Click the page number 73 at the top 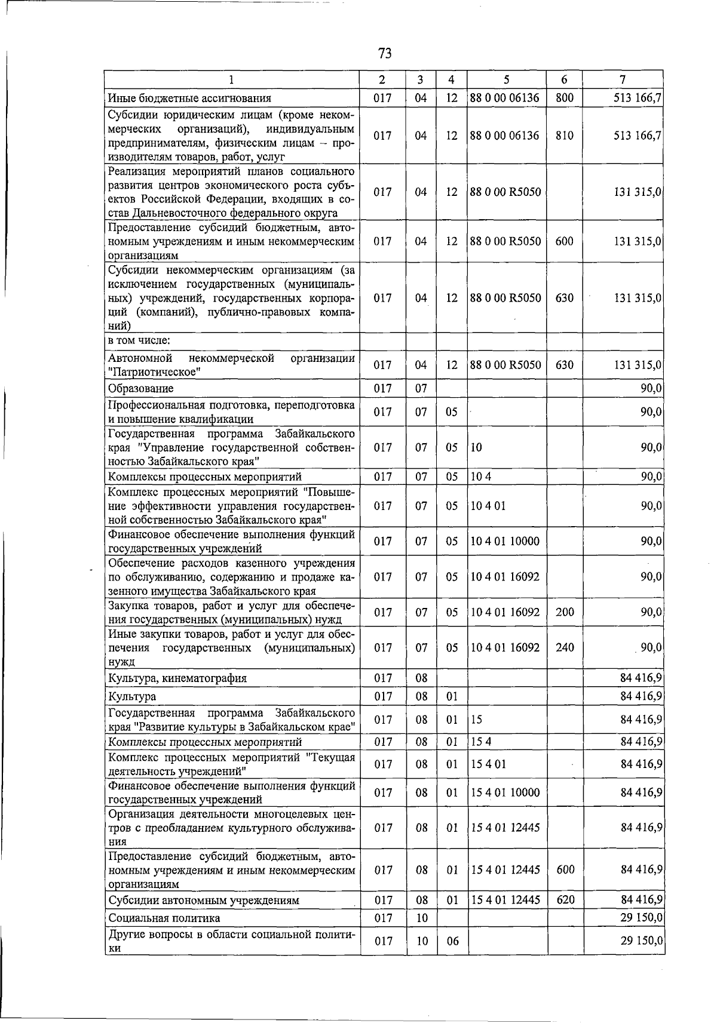[x=385, y=54]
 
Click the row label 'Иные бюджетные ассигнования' [x=189, y=99]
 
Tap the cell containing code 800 [x=564, y=99]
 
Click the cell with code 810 [x=564, y=136]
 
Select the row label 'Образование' [x=141, y=389]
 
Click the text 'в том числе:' [x=139, y=340]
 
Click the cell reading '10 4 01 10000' [x=505, y=542]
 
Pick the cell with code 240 [x=565, y=648]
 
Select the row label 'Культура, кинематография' [x=177, y=678]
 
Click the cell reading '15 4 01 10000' [x=505, y=793]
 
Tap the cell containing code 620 [x=565, y=900]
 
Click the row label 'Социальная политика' [x=164, y=918]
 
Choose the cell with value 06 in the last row [x=452, y=941]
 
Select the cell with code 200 [x=565, y=613]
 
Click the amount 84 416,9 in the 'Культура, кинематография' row [x=641, y=678]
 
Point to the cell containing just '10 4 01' [x=488, y=506]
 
